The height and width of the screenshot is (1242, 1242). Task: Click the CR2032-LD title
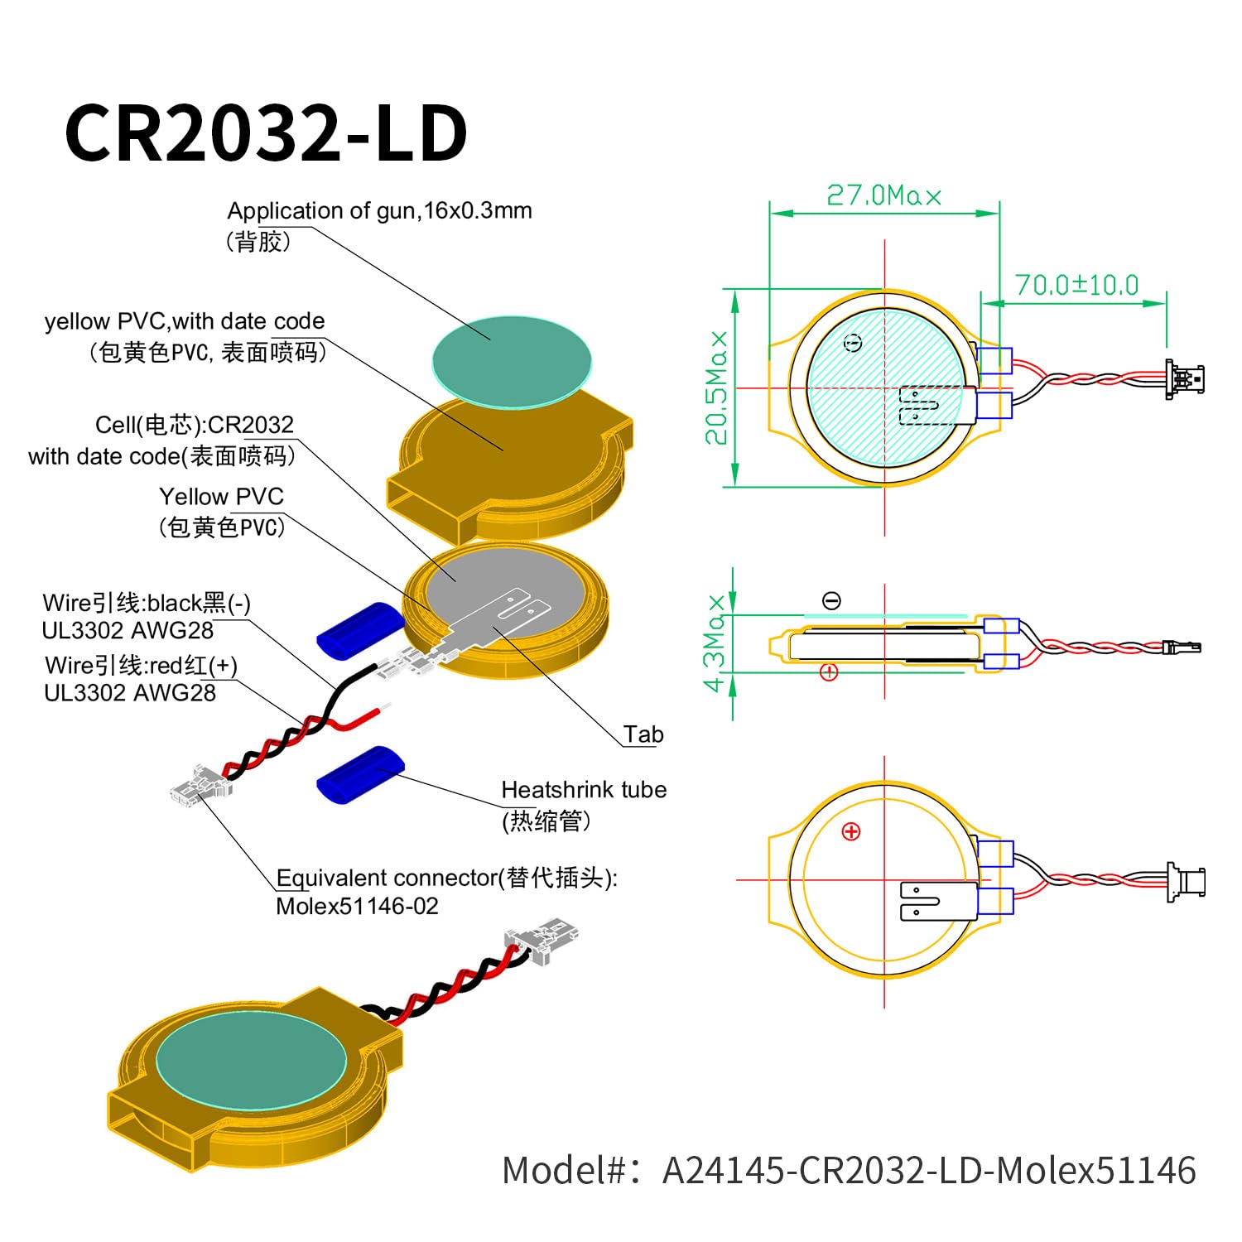pyautogui.click(x=267, y=132)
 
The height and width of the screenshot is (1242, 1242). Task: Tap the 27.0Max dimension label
pyautogui.click(x=883, y=196)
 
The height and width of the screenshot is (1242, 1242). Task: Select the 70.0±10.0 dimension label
pyautogui.click(x=1076, y=286)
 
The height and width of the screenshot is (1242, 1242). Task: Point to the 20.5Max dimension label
pyautogui.click(x=717, y=388)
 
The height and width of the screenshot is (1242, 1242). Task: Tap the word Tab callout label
pyautogui.click(x=643, y=734)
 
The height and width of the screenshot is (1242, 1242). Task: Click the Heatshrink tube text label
pyautogui.click(x=584, y=790)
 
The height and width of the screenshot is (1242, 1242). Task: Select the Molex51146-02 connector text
pyautogui.click(x=357, y=906)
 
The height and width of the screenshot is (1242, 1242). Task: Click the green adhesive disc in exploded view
pyautogui.click(x=512, y=362)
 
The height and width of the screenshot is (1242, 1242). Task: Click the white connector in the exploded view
pyautogui.click(x=200, y=785)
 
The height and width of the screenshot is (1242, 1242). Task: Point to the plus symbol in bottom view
pyautogui.click(x=851, y=832)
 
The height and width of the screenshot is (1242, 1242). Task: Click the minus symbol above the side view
pyautogui.click(x=832, y=601)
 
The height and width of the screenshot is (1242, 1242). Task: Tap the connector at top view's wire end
pyautogui.click(x=1184, y=380)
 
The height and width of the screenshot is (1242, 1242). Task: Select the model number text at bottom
pyautogui.click(x=849, y=1171)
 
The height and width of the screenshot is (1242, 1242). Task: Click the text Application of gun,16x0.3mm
pyautogui.click(x=379, y=211)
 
